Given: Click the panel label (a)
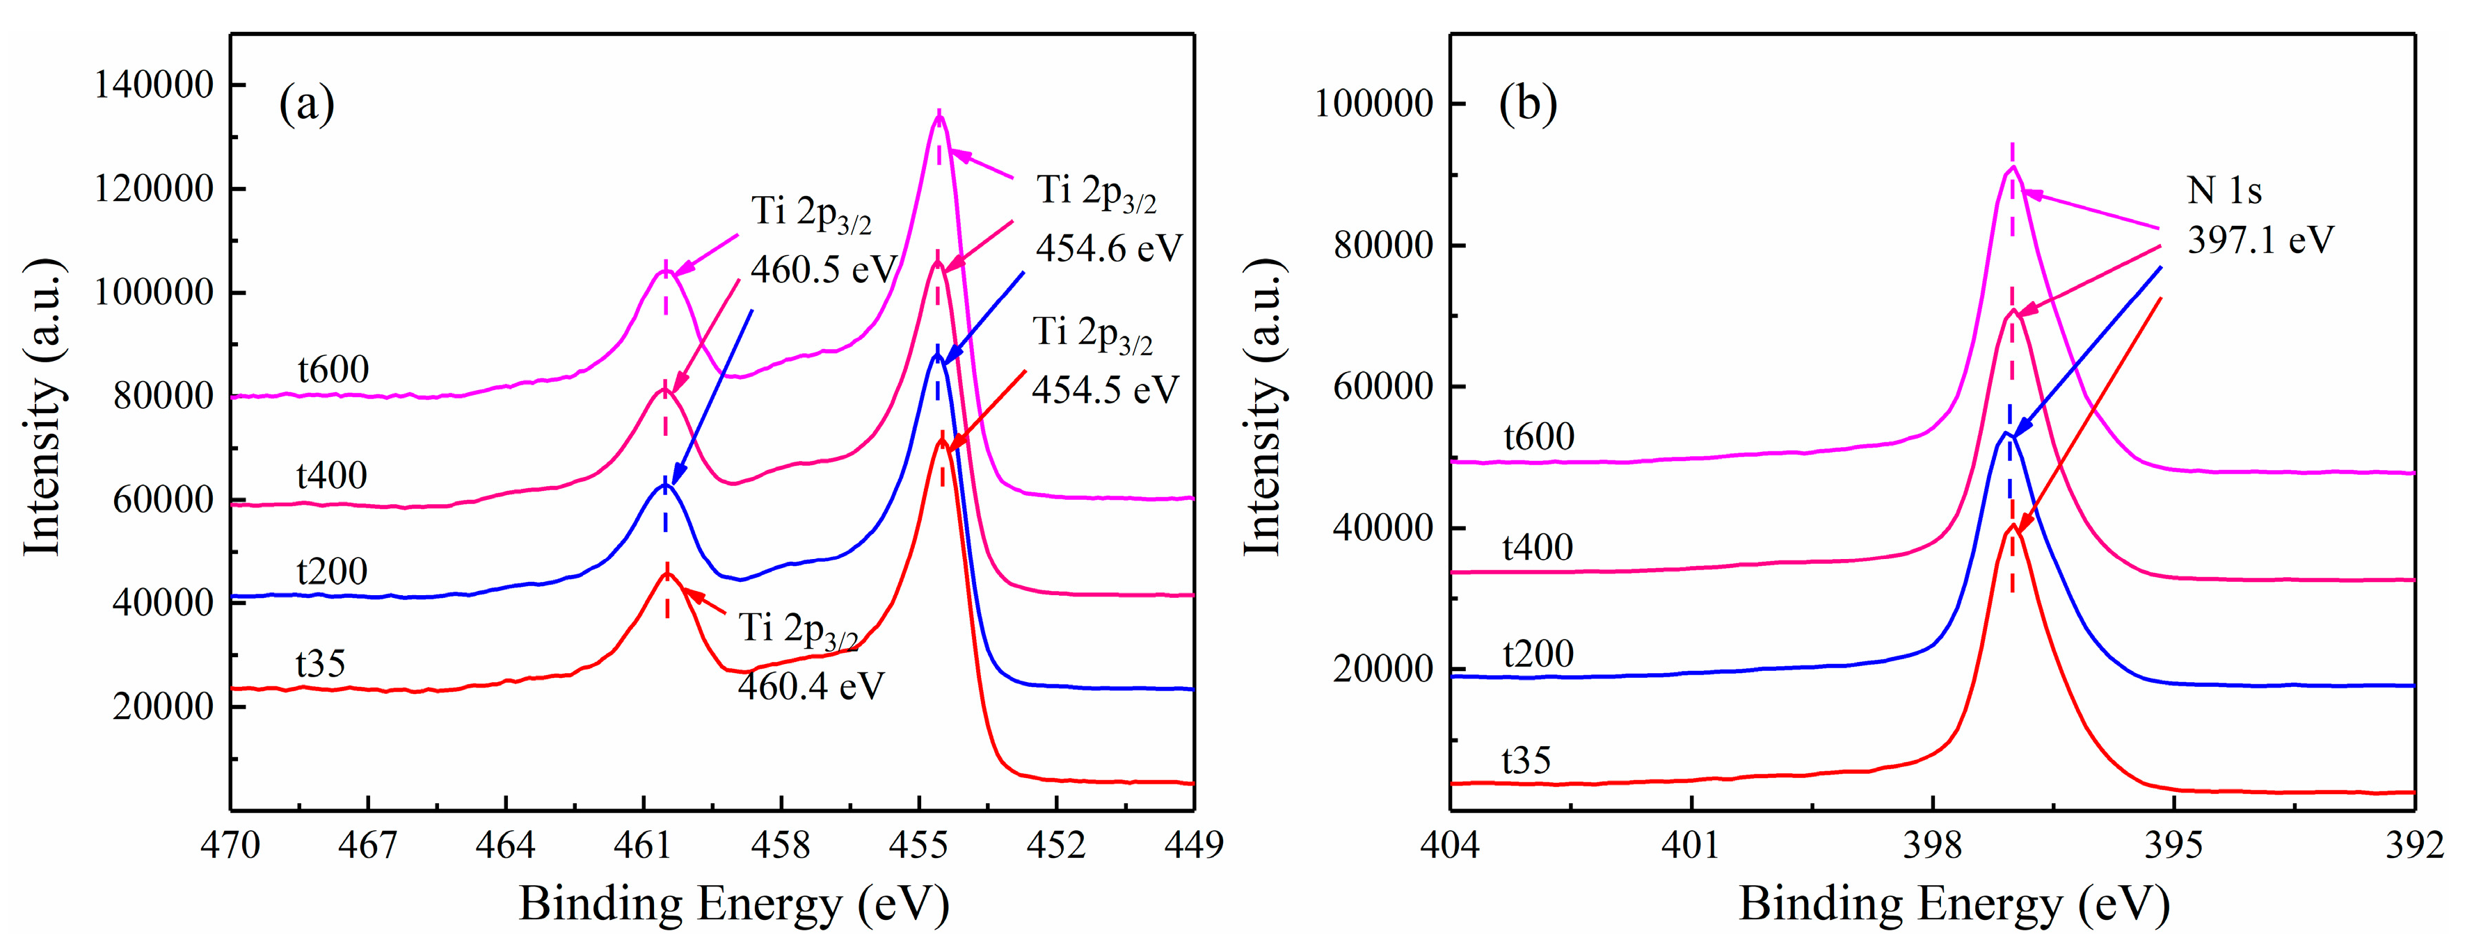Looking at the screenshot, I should point(306,104).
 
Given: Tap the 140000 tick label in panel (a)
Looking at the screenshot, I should point(154,85).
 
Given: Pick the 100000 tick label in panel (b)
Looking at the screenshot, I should point(1373,104).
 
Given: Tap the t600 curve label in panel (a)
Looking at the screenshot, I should point(333,369).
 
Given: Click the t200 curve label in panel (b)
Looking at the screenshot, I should point(1538,654).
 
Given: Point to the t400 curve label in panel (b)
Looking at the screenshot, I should point(1537,548).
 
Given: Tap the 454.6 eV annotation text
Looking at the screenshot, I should point(1109,248).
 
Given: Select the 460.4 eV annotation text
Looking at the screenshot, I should point(810,686).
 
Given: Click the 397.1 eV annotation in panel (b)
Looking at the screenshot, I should point(2260,238).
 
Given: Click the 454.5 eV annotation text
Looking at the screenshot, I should point(1105,389).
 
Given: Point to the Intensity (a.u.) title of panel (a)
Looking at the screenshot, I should point(44,407).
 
